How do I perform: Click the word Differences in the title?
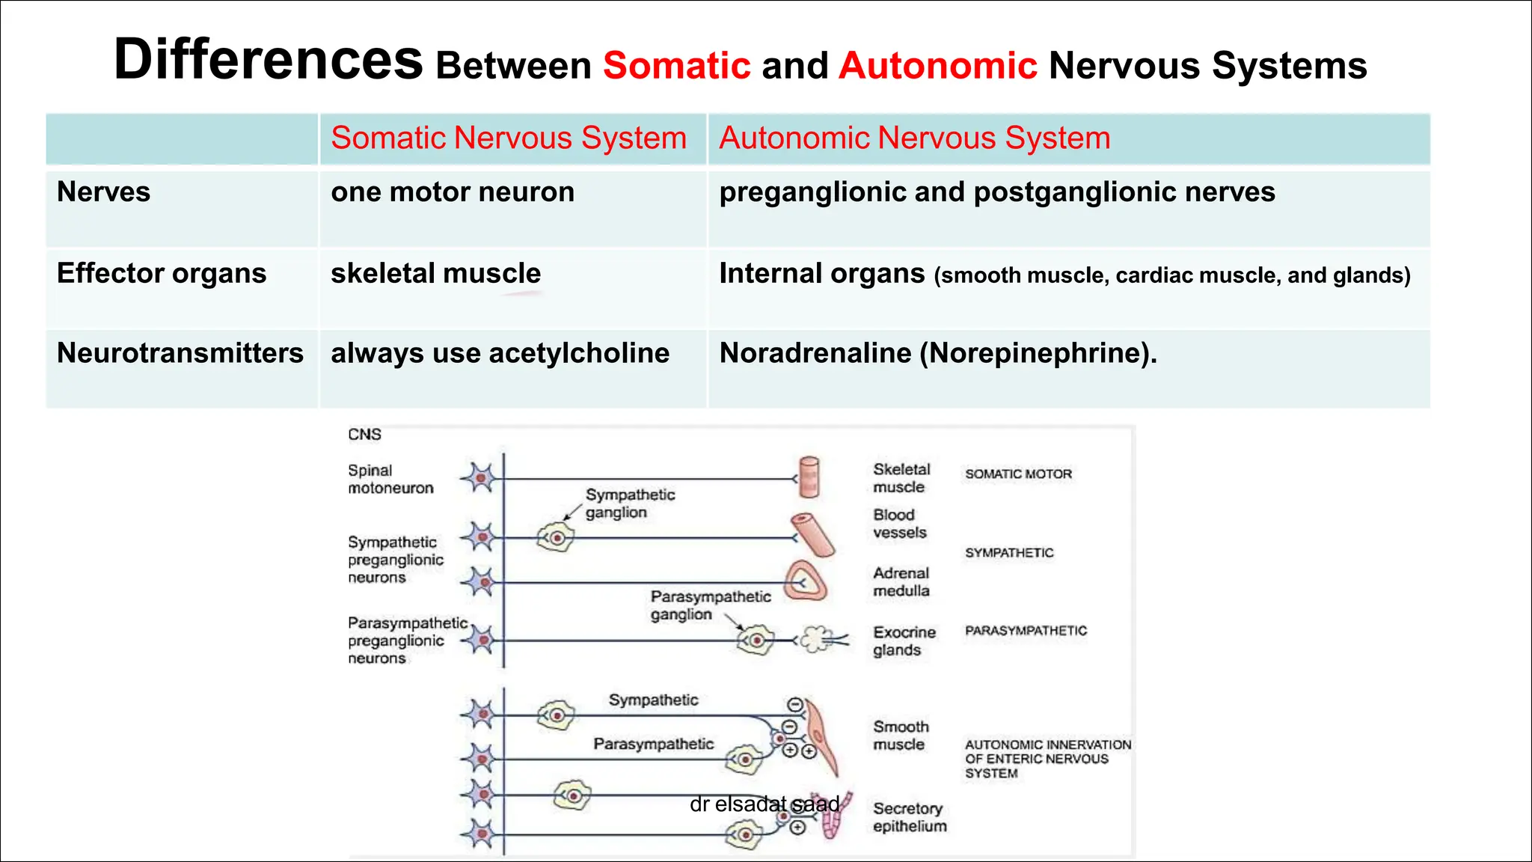[268, 60]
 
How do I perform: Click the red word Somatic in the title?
[676, 66]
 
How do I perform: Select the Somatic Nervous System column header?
[509, 138]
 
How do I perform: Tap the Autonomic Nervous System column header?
[914, 138]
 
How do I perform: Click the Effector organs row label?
[162, 274]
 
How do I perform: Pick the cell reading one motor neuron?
[453, 193]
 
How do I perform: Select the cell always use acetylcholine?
[500, 353]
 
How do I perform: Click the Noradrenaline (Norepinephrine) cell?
[937, 353]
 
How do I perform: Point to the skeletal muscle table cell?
[435, 274]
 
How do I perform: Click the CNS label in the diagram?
[364, 435]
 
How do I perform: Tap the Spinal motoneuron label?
[390, 479]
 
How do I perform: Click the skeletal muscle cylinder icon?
[809, 477]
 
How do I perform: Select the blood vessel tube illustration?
[812, 534]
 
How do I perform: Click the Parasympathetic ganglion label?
[710, 605]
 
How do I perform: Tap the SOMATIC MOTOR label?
[1018, 474]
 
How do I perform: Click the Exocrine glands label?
[904, 641]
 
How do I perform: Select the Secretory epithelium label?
[909, 817]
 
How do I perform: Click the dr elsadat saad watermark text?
[764, 804]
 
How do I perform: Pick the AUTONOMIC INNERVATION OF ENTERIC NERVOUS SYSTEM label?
[1047, 759]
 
